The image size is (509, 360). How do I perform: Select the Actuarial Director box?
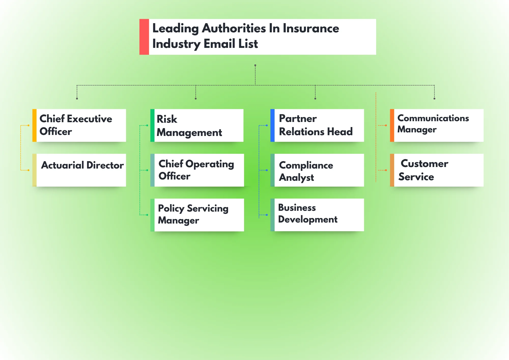click(x=81, y=170)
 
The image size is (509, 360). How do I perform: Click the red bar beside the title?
click(x=144, y=37)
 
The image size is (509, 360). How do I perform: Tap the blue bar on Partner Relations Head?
click(x=272, y=125)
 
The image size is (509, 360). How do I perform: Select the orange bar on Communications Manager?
click(x=392, y=125)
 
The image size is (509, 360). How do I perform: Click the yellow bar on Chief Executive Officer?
click(x=34, y=125)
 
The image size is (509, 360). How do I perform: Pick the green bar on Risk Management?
click(x=152, y=125)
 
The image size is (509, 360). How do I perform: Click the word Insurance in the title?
click(x=311, y=28)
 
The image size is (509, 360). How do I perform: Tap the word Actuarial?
click(x=63, y=165)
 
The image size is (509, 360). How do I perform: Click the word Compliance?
click(x=306, y=165)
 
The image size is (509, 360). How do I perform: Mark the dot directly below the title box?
click(x=255, y=65)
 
